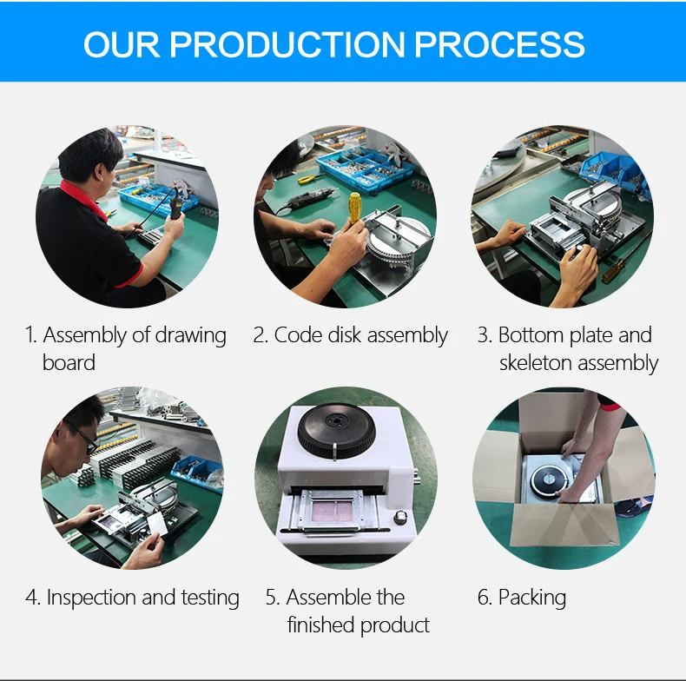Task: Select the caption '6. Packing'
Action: pyautogui.click(x=522, y=598)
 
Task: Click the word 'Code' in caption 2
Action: pyautogui.click(x=299, y=335)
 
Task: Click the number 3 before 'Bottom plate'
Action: pyautogui.click(x=484, y=335)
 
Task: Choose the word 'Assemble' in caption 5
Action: pyautogui.click(x=329, y=598)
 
